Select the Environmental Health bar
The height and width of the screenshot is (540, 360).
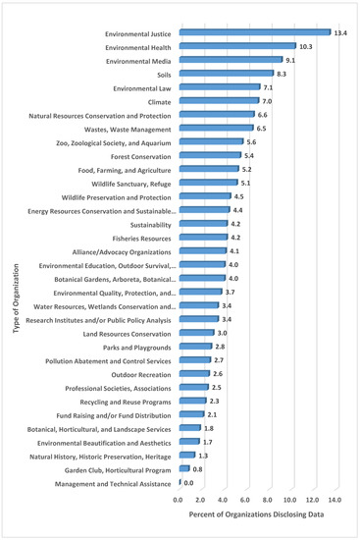point(236,46)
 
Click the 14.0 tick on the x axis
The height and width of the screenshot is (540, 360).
point(335,500)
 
